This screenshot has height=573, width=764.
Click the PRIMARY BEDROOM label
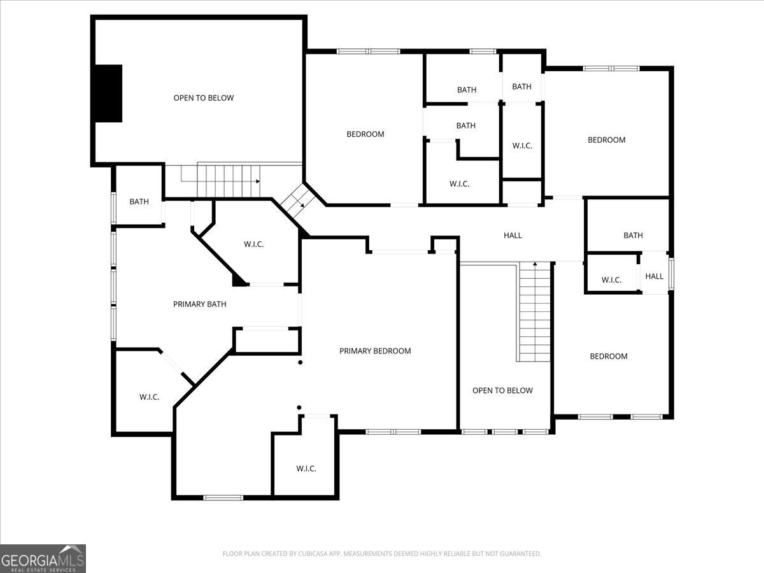coord(375,351)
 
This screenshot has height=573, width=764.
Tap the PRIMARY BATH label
coord(199,304)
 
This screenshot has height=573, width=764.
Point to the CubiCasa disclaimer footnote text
coord(382,553)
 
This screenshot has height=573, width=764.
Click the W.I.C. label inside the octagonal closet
coord(254,244)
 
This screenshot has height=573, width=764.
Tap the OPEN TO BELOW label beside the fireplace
coord(204,98)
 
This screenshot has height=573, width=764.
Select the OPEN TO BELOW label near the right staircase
coord(502,391)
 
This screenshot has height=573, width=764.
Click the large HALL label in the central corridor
coord(513,236)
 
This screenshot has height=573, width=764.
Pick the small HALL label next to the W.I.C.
coord(654,276)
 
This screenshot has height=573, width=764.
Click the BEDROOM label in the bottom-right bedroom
coord(609,357)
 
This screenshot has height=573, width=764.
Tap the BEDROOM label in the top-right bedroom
coord(607,140)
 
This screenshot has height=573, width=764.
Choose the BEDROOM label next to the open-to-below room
coord(365,134)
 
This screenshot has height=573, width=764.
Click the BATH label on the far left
coord(139,202)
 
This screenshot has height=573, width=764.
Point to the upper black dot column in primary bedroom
coord(301,362)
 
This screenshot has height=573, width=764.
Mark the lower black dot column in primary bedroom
coord(299,407)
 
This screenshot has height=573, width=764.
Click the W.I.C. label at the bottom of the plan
coord(306,469)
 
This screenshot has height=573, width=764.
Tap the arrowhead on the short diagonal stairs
coord(302,205)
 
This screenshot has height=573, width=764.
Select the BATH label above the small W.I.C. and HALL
coord(633,236)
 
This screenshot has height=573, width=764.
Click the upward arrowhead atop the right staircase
coord(535,264)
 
